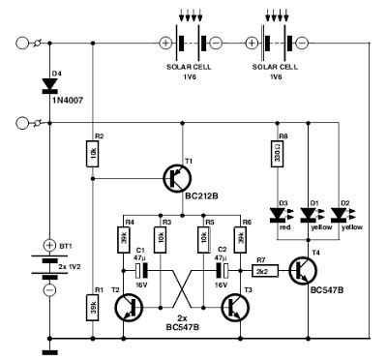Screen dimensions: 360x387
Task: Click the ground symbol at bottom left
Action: click(x=48, y=351)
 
